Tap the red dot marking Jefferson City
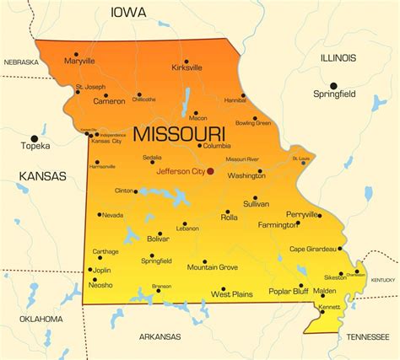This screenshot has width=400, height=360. coord(211,171)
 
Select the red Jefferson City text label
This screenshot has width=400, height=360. coord(181,171)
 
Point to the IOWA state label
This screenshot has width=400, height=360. coord(127,13)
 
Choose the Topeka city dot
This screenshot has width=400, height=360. coord(35,138)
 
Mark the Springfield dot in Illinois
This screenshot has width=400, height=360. coord(333,85)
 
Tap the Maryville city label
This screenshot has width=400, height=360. coord(79,62)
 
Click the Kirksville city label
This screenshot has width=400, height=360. coord(186,67)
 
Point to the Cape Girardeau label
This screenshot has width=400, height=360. coord(314,249)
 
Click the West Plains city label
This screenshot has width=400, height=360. coord(232,295)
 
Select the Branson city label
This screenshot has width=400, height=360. coord(161,286)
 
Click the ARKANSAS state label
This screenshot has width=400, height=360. coord(159,336)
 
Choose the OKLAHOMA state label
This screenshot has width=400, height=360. coord(41,319)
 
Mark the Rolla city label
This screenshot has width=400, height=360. coord(230,218)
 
